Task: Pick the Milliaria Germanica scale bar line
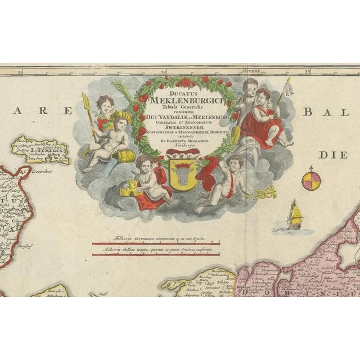tap(156, 244)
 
